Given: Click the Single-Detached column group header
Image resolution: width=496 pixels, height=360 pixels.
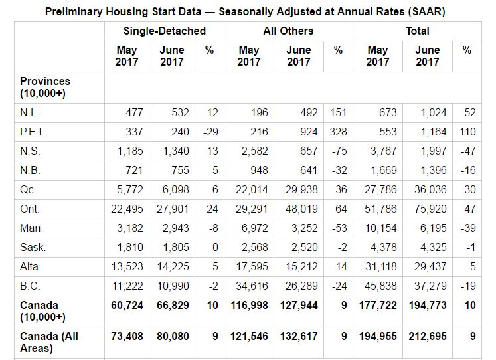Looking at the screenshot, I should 165,31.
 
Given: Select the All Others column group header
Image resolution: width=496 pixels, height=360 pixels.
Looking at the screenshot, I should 288,31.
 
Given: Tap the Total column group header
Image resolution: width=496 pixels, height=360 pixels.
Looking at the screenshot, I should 418,31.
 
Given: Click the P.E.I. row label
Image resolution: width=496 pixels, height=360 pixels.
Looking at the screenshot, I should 33,132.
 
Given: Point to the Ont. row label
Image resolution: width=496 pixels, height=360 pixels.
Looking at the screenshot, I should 30,209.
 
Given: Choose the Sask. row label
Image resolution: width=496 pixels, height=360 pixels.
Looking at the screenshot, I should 33,247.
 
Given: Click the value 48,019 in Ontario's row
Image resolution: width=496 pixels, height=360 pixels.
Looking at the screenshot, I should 301,209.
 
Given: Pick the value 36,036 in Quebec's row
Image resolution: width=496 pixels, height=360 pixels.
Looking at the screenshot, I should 430,189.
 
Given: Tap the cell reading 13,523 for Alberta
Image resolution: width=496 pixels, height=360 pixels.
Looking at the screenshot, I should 129,266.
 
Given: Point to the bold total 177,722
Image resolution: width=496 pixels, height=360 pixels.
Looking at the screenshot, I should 378,305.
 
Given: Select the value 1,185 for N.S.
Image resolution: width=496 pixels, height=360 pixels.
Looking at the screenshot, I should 130,151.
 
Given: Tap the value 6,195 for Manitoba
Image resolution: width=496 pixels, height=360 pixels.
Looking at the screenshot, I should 433,228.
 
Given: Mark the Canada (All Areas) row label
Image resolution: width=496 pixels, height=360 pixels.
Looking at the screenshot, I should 49,342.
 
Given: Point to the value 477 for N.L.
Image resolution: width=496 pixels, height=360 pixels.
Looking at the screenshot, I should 134,112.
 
